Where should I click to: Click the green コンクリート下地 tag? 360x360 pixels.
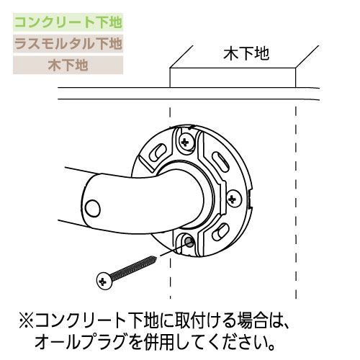coord(68,22)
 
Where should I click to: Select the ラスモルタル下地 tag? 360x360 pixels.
coord(68,44)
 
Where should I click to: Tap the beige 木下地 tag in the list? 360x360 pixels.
coord(68,66)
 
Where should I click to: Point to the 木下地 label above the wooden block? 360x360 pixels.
coord(246,54)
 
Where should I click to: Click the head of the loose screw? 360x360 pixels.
coord(104,281)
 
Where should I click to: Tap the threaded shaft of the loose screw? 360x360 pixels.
coord(135,267)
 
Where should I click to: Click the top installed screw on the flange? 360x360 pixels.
coord(185,142)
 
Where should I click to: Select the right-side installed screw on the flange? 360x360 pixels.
coord(233,199)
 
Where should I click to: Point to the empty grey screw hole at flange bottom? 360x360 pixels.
coord(189,242)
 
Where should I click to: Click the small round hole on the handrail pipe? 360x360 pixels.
coord(93,208)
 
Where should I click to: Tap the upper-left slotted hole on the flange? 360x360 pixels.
coord(158,151)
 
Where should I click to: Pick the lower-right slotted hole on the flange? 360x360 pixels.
coord(220,231)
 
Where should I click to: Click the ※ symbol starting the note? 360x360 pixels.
coord(26,321)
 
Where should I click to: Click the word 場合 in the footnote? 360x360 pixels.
coord(252,321)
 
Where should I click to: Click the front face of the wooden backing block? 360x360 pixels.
coord(233,78)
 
